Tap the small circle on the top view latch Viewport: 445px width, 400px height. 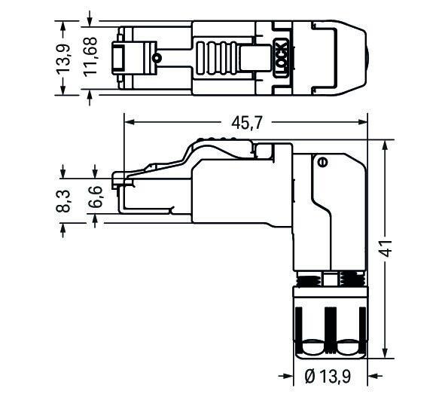tap(156, 58)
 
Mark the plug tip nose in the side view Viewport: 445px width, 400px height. tap(117, 181)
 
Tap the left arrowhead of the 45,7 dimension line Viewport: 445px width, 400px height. tap(127, 122)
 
